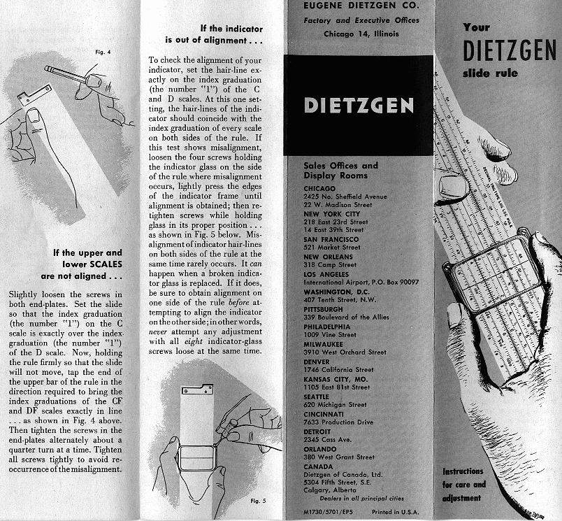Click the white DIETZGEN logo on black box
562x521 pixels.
359,106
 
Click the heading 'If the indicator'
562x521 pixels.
231,29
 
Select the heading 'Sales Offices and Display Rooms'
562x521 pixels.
341,170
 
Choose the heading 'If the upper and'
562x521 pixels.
88,252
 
